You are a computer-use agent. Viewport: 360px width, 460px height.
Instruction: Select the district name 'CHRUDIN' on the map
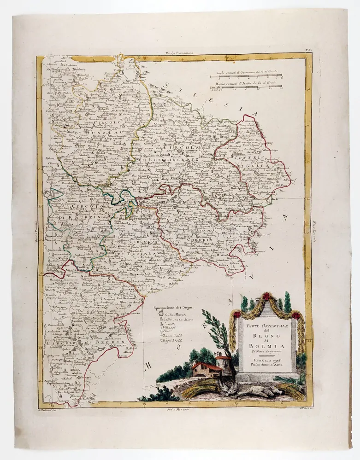coord(196,239)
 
